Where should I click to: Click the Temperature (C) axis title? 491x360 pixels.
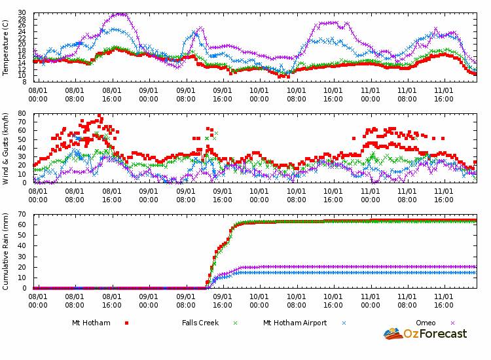[x=6, y=47]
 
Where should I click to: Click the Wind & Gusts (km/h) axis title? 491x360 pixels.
[x=6, y=148]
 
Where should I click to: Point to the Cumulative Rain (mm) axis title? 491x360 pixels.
[x=6, y=251]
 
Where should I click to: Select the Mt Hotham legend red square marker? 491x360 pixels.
[x=126, y=323]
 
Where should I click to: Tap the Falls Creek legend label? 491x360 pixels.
[x=202, y=323]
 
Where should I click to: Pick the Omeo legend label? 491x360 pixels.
[x=426, y=323]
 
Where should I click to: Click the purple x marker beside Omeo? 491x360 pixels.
[x=452, y=323]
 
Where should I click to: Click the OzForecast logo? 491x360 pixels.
[x=426, y=334]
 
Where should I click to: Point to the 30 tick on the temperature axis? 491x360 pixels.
[x=22, y=13]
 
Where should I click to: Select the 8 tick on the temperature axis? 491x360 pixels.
[x=24, y=82]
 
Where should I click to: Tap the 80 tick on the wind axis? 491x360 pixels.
[x=22, y=114]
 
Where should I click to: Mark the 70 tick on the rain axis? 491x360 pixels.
[x=22, y=215]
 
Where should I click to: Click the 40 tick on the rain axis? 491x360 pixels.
[x=22, y=246]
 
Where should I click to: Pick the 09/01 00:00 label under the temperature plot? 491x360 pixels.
[x=149, y=95]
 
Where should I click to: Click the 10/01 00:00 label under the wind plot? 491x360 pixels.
[x=259, y=196]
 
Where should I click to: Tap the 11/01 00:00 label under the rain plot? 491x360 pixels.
[x=370, y=300]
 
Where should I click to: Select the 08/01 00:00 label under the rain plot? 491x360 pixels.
[x=38, y=300]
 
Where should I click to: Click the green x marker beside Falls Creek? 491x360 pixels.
[x=235, y=323]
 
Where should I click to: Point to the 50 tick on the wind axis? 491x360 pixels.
[x=22, y=139]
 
